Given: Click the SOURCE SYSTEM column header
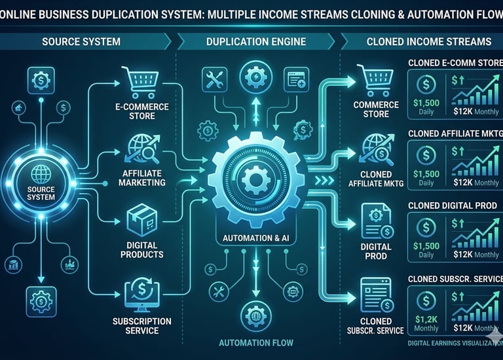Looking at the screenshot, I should click(x=81, y=41).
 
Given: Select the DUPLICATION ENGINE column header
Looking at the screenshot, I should click(x=255, y=41).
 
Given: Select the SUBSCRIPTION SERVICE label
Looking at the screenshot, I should click(x=141, y=325).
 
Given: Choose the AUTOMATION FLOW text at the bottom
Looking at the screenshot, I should click(x=256, y=342).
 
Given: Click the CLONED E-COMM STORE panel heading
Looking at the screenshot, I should click(x=451, y=63).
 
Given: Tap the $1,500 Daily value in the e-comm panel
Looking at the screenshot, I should click(x=427, y=105).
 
